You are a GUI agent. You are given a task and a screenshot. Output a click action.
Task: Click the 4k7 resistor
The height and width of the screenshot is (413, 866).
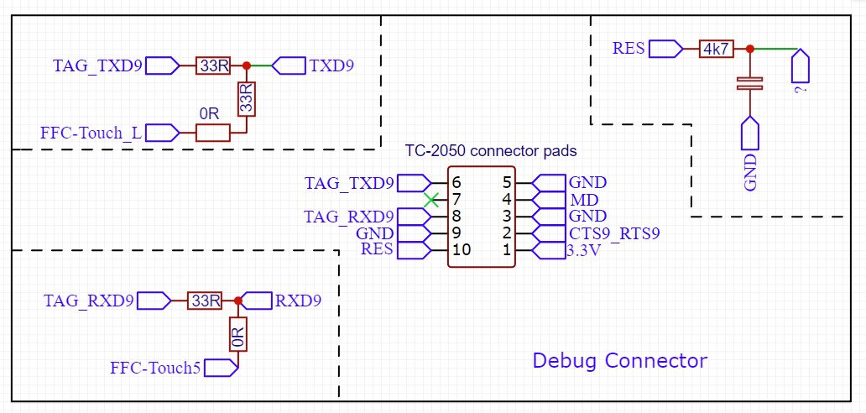tap(716, 50)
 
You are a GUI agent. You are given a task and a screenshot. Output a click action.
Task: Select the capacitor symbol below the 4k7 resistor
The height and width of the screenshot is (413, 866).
tap(749, 83)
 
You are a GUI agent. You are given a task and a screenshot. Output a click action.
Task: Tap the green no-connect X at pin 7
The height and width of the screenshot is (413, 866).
tap(431, 200)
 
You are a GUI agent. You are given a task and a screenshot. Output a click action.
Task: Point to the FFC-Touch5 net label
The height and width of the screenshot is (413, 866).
tap(155, 368)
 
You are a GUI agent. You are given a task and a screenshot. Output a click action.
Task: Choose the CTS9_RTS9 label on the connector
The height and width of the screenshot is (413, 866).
tap(614, 233)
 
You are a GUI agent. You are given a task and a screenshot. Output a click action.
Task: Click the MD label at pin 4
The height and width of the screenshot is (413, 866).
tap(583, 200)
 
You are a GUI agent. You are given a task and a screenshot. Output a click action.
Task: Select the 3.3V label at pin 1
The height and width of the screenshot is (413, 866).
tap(584, 250)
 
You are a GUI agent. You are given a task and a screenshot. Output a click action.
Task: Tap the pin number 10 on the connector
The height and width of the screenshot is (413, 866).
tap(461, 250)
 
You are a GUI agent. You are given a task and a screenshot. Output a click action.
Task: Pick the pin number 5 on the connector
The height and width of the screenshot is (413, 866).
tap(507, 183)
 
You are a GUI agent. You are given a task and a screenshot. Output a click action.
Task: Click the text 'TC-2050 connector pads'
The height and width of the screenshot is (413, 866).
tap(491, 152)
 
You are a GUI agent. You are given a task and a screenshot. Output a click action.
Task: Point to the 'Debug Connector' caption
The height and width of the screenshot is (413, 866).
tap(620, 361)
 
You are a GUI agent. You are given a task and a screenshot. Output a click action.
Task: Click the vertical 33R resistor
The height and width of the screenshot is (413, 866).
tap(246, 98)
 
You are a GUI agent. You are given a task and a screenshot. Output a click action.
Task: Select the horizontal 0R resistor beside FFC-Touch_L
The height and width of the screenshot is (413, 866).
tap(212, 133)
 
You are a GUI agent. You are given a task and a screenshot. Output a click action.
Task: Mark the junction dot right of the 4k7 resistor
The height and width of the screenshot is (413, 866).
tap(749, 49)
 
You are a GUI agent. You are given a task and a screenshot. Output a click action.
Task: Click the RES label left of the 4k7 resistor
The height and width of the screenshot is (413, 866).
tap(629, 49)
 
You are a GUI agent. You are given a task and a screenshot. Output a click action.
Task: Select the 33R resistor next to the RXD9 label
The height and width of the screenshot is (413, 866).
tap(204, 301)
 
